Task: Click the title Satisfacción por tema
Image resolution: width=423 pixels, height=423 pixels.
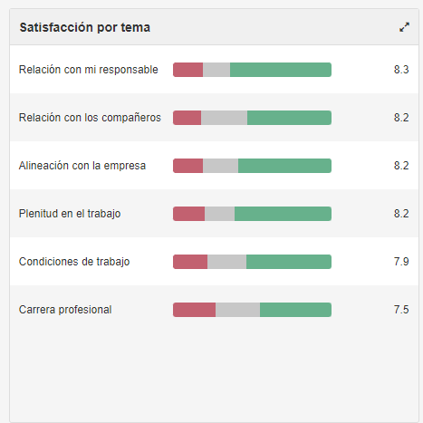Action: (x=85, y=27)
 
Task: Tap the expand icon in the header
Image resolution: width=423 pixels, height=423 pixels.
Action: (x=404, y=27)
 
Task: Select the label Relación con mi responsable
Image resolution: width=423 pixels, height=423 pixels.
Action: (x=88, y=70)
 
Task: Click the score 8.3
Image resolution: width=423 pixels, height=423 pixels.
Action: (x=401, y=70)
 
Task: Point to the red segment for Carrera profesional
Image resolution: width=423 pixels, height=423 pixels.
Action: (x=194, y=310)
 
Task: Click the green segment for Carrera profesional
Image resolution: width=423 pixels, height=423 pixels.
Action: (x=295, y=310)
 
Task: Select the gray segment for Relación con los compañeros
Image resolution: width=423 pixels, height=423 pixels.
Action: (x=224, y=118)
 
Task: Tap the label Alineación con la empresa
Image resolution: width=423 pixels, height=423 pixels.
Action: (x=82, y=166)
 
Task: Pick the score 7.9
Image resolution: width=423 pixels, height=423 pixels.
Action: (x=401, y=262)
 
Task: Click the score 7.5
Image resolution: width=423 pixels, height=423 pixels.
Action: (x=401, y=310)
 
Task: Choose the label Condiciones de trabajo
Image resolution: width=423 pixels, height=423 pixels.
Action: (x=74, y=262)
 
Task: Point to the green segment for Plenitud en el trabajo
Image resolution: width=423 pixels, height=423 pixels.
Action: (x=283, y=214)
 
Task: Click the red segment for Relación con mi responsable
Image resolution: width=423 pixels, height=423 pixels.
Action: (x=187, y=70)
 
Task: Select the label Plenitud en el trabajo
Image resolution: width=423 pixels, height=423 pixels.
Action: (x=70, y=214)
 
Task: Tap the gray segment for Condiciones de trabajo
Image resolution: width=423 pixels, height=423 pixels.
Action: (x=226, y=262)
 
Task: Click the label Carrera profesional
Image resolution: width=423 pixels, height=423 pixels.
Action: (x=65, y=310)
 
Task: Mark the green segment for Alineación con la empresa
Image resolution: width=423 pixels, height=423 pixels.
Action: (x=284, y=166)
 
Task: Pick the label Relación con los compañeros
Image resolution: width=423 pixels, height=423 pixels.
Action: (x=90, y=118)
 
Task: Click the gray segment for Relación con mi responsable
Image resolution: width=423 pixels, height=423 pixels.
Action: (x=216, y=70)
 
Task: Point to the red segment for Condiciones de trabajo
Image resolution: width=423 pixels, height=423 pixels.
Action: (x=190, y=262)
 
